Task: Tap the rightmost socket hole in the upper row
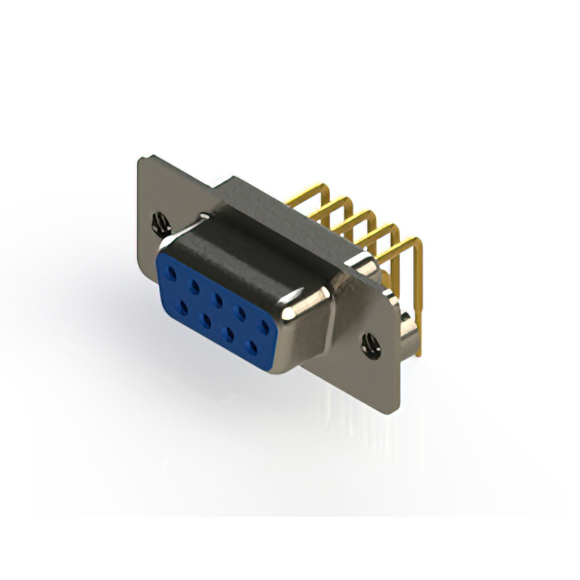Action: pyautogui.click(x=265, y=324)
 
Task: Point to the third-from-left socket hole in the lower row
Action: pyautogui.click(x=231, y=332)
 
